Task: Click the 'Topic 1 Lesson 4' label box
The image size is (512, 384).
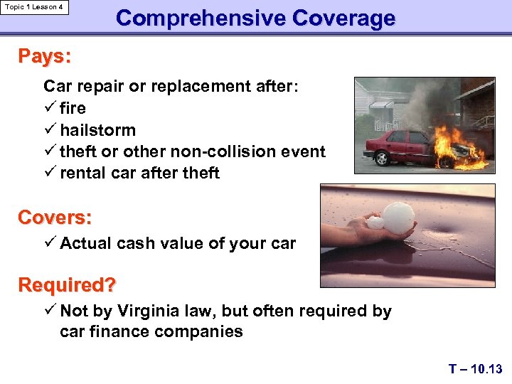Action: [x=36, y=7]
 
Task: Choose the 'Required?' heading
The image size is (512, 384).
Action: [x=67, y=285]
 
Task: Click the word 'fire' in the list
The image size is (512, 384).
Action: [x=73, y=108]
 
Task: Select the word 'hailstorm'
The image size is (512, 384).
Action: [x=97, y=130]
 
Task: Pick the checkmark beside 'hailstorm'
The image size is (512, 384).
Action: [x=50, y=130]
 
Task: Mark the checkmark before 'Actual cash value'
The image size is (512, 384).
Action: [x=50, y=243]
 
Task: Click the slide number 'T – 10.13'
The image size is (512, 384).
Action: [x=475, y=368]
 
